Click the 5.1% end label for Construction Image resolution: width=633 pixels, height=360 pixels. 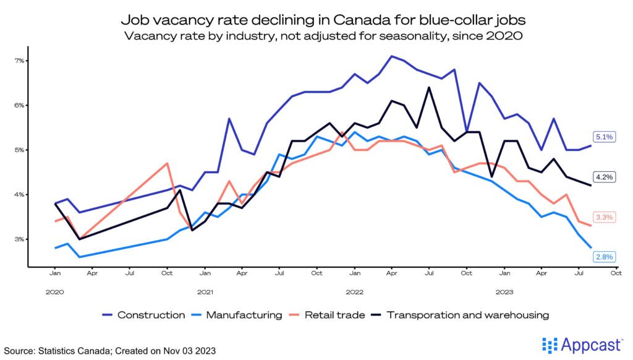click(604, 137)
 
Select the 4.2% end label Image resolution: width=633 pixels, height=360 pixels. click(604, 177)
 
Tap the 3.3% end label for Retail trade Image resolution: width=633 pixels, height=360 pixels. click(604, 217)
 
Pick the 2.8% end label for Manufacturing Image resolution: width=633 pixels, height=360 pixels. click(604, 257)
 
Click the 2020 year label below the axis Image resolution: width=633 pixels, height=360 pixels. click(54, 291)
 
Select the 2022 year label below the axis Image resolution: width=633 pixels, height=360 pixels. click(355, 291)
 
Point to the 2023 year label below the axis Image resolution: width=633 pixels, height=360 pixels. click(505, 291)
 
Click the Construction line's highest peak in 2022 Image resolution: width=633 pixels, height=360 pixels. click(392, 56)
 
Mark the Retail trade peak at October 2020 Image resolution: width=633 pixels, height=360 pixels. click(168, 163)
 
